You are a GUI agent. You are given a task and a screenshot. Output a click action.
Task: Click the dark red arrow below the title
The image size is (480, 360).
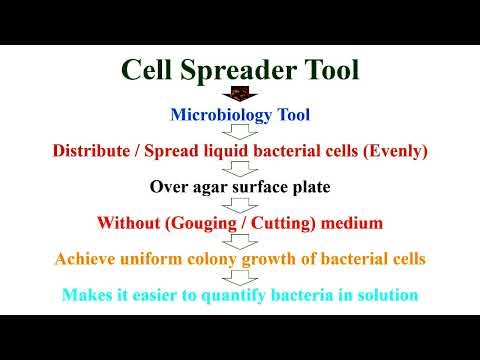tap(240, 94)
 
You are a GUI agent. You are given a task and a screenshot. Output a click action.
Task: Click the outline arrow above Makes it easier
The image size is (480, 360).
tap(240, 276)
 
